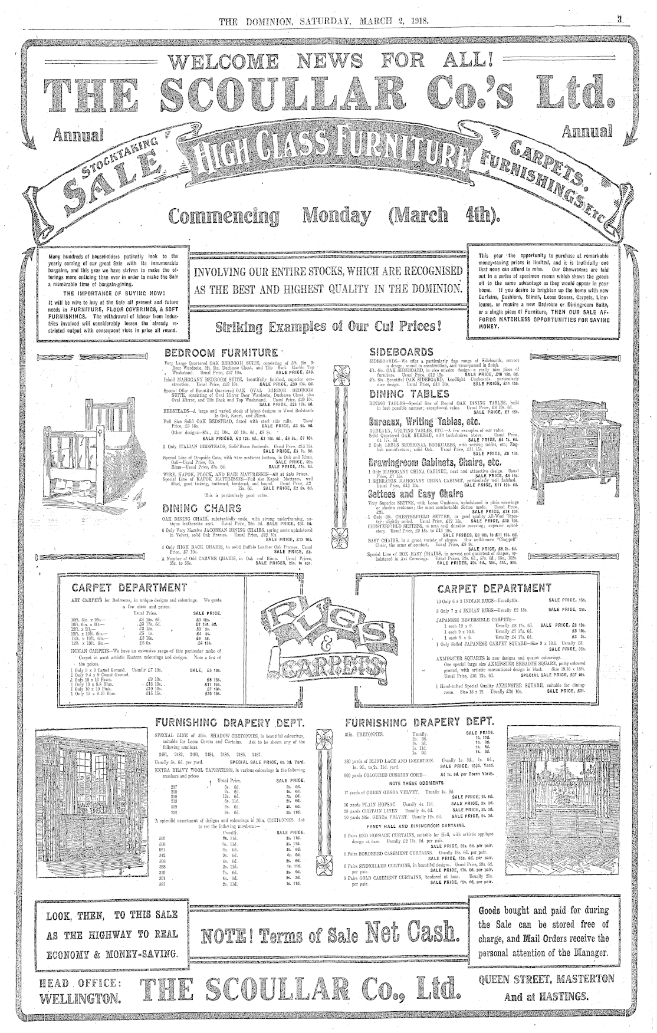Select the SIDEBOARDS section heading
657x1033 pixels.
tap(401, 352)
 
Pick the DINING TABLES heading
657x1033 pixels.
tap(409, 394)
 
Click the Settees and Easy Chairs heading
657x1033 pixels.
tap(416, 493)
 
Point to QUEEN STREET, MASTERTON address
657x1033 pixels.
tap(546, 979)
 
